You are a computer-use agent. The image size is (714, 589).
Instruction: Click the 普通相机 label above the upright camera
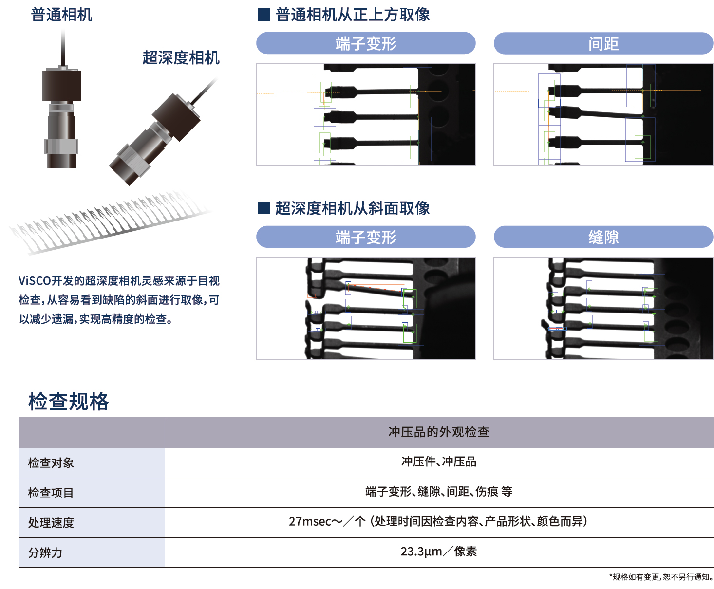click(x=61, y=15)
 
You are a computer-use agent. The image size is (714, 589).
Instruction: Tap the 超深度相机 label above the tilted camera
click(x=181, y=57)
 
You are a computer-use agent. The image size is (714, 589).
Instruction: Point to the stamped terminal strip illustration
click(x=110, y=222)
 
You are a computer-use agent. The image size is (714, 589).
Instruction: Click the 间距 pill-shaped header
click(x=603, y=43)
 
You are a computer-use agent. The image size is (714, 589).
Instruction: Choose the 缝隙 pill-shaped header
click(x=603, y=237)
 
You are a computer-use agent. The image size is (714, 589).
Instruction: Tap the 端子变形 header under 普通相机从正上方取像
click(x=366, y=43)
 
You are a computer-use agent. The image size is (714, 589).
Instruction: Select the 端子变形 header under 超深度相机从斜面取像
click(x=366, y=237)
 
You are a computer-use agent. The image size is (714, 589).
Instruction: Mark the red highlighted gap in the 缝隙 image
click(x=557, y=329)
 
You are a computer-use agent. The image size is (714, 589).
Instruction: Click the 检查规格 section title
click(x=68, y=401)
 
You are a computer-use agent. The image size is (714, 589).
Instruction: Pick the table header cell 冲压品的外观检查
click(x=439, y=432)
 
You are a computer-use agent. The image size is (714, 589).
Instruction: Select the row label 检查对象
click(x=51, y=462)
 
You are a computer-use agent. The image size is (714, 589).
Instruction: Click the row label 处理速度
click(x=51, y=522)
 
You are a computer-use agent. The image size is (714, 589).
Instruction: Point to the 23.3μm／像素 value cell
click(x=439, y=552)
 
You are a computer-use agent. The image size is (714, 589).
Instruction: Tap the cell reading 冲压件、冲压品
click(x=439, y=462)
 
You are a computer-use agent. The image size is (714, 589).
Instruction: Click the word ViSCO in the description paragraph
click(x=35, y=281)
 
